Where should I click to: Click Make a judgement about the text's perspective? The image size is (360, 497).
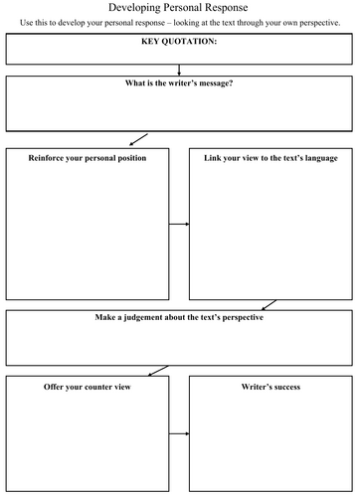179,319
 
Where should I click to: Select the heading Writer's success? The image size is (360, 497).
270,386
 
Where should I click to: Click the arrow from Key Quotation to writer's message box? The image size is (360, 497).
179,70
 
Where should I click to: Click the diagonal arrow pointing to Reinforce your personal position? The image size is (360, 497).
138,138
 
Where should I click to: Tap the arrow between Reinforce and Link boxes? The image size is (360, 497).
178,224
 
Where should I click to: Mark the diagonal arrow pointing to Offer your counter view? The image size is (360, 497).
156,371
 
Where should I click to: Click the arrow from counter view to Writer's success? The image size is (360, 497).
178,435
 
